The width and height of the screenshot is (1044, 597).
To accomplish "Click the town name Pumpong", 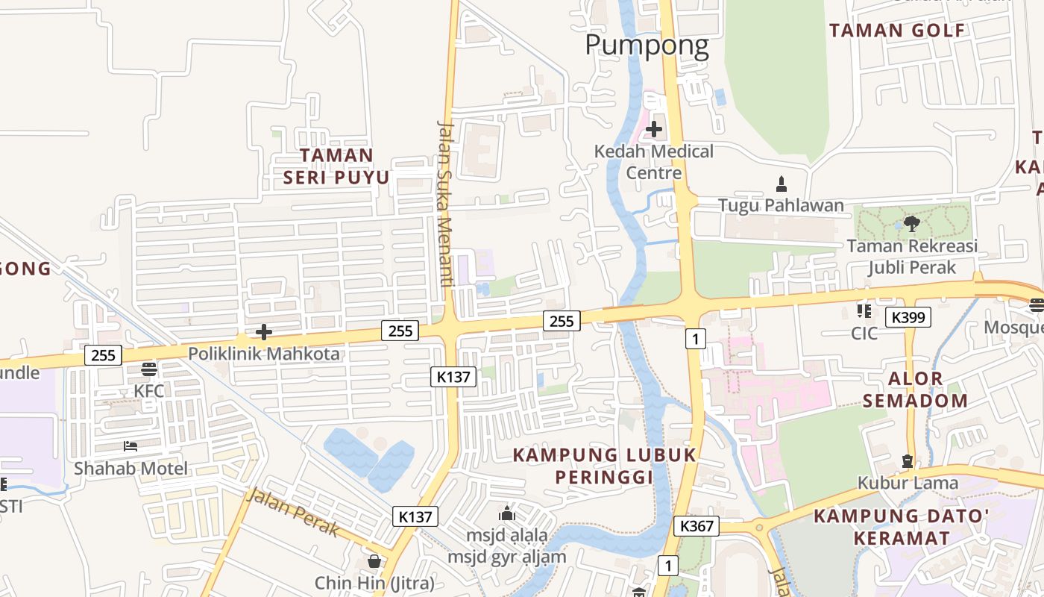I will pos(647,45).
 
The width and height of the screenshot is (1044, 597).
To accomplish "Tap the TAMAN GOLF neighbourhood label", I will pos(897,31).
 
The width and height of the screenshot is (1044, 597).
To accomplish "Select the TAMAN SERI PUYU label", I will pos(336,166).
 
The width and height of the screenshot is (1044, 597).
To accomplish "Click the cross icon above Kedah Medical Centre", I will pos(654,129).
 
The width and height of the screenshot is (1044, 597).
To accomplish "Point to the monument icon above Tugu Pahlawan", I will pos(782,184).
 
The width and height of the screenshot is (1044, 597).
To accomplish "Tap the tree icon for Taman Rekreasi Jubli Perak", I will pos(911,223).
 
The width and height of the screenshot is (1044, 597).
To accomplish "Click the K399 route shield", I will pos(908,317).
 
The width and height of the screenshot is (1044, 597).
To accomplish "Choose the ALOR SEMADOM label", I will pos(916,389).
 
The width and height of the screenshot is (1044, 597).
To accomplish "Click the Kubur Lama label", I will pos(908,483).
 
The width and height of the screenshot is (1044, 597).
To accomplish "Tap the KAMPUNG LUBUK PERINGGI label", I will pos(605,465).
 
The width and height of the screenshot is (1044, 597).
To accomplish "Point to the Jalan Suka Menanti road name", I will pos(446,204).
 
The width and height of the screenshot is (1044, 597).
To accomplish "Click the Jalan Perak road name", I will pos(293,512).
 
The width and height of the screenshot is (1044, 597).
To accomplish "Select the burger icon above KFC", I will pos(149,369).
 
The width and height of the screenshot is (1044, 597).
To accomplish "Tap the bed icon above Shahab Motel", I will pos(130,446).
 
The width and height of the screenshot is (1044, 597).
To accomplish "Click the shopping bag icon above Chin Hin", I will pos(374,560).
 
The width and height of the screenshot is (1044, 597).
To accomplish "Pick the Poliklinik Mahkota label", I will pos(264,354).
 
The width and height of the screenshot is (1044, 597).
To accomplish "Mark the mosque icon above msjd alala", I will pos(507,513).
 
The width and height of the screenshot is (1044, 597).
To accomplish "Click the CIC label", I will pos(864,333).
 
